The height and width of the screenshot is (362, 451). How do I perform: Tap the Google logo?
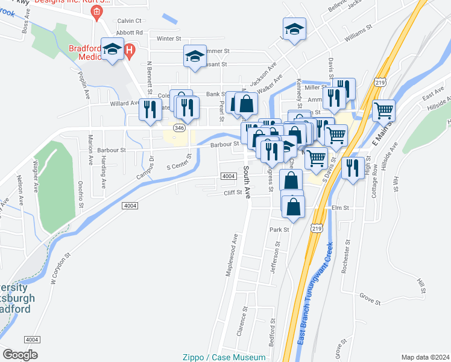point(20,354)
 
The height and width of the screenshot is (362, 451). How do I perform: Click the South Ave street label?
point(247,180)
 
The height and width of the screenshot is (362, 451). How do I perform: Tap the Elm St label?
point(341,208)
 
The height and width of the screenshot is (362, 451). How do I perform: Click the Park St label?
point(279,230)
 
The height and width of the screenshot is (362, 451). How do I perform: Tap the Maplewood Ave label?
point(230,260)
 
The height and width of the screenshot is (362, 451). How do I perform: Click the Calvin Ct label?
point(128,21)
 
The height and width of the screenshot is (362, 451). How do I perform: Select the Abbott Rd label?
point(130,33)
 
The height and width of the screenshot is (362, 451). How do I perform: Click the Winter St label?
point(169,39)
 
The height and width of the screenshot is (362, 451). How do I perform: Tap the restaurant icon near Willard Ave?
point(150,109)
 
